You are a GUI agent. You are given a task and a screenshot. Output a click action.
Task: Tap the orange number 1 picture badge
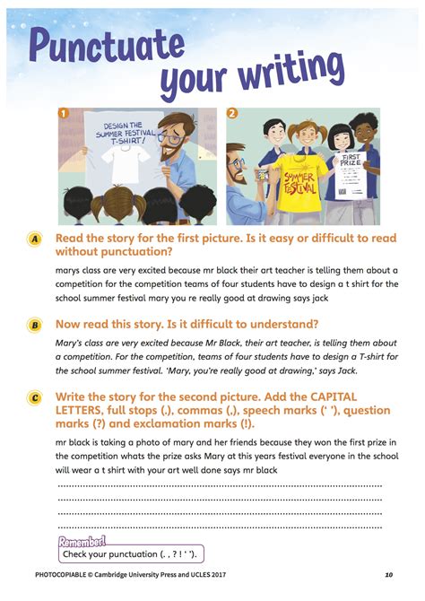64,114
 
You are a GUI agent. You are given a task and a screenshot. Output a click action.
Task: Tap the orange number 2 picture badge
231,114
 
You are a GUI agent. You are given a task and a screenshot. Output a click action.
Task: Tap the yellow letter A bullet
34,240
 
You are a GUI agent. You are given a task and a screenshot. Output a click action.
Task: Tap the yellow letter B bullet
34,325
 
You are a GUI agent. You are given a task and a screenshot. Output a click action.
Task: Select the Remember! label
82,541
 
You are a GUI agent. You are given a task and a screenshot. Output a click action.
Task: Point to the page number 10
388,575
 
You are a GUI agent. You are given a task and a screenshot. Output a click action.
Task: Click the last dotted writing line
220,527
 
